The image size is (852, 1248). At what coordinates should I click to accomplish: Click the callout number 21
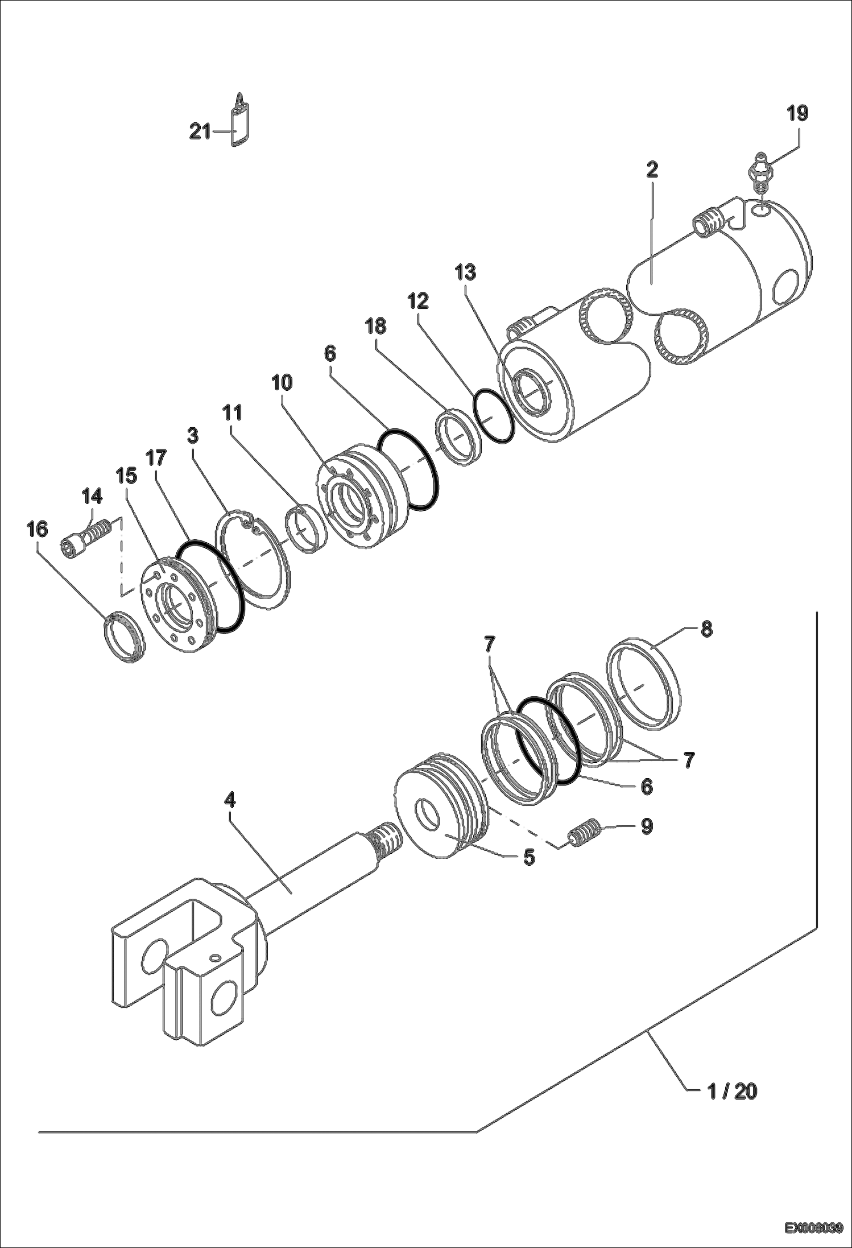click(200, 133)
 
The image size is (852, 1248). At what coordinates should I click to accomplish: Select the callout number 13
click(465, 272)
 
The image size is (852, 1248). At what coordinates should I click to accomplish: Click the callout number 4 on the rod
click(229, 800)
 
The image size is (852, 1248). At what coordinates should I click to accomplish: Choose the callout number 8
click(706, 630)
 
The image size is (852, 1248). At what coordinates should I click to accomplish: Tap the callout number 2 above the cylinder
click(652, 170)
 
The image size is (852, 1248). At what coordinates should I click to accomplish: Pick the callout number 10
click(282, 383)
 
